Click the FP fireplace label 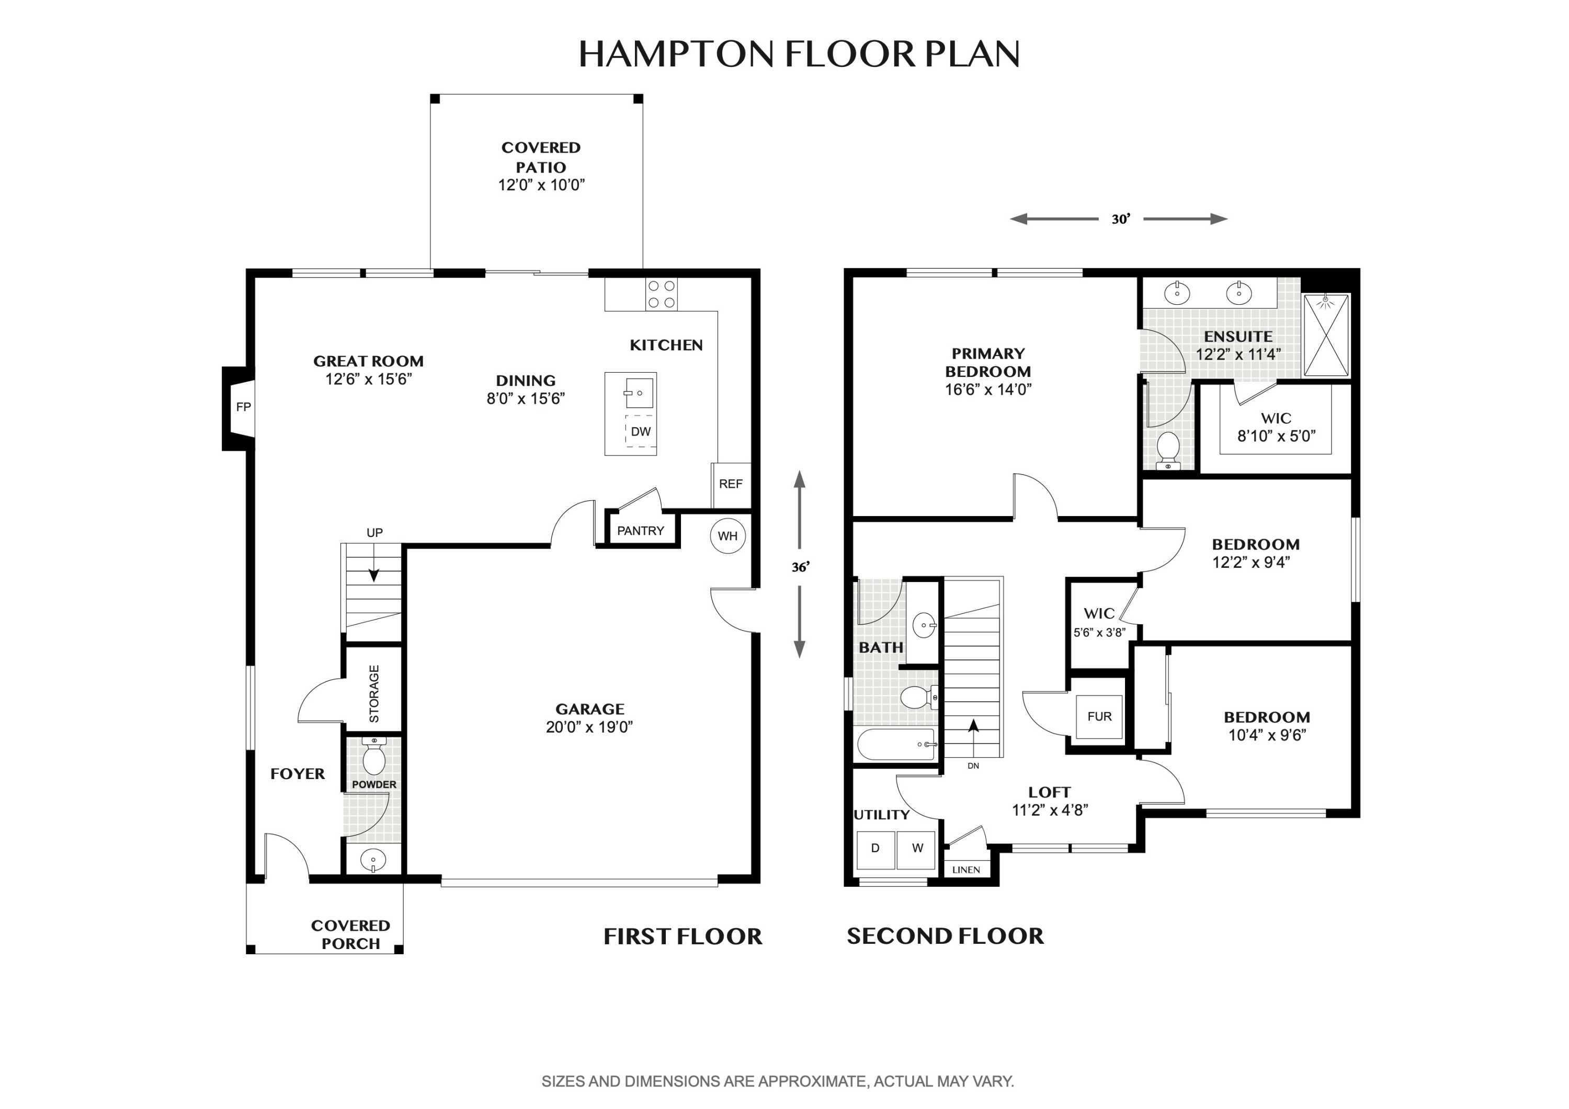point(243,407)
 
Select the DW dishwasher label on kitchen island point(640,432)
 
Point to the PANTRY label point(640,531)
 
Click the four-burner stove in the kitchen point(662,294)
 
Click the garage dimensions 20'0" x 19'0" point(589,727)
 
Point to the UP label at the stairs point(374,533)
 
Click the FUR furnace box point(1099,717)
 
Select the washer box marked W point(917,849)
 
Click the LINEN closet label point(965,870)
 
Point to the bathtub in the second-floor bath point(895,745)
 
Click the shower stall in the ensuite point(1326,336)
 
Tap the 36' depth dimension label point(800,567)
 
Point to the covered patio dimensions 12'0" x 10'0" point(541,185)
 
